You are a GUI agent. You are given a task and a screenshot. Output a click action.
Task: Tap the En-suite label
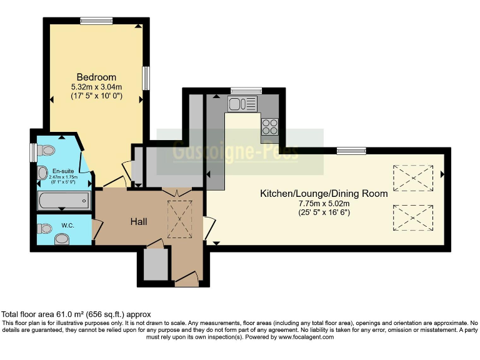tap(62, 171)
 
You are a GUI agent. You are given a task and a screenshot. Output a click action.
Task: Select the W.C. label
tap(67, 225)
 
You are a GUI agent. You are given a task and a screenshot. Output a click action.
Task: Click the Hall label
tap(138, 221)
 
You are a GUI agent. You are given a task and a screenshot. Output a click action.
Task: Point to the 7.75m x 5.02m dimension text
tap(324, 204)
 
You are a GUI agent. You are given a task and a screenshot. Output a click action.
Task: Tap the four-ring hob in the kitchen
tap(270, 126)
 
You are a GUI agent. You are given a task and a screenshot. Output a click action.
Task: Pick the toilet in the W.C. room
tap(61, 238)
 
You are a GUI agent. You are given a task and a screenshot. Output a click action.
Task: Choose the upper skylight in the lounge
tap(412, 177)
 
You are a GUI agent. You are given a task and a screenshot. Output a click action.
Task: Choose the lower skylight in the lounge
tap(412, 218)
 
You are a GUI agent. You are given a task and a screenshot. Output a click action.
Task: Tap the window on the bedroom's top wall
tap(96, 21)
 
